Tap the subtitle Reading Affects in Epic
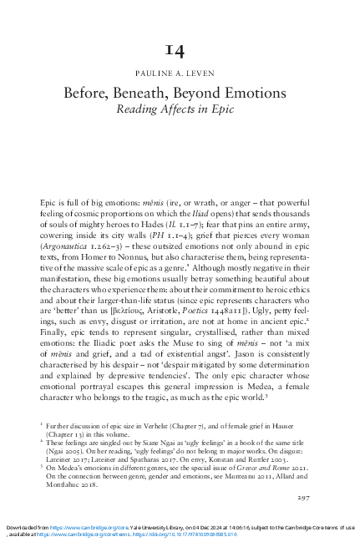180,109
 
